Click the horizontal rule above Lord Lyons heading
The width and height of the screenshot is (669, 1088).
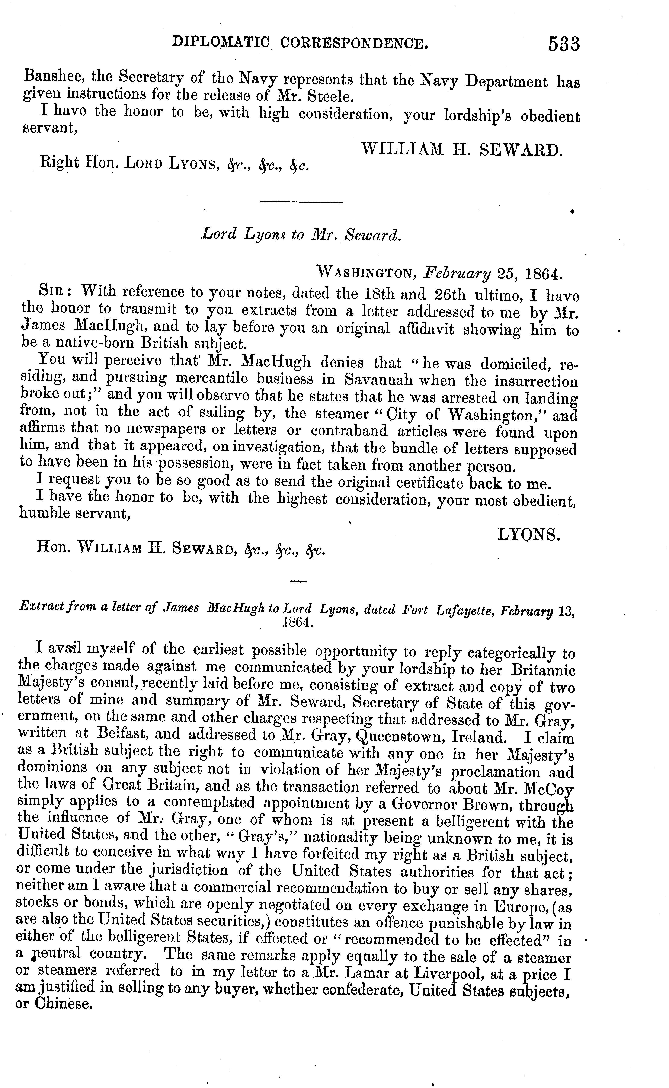(x=301, y=203)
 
